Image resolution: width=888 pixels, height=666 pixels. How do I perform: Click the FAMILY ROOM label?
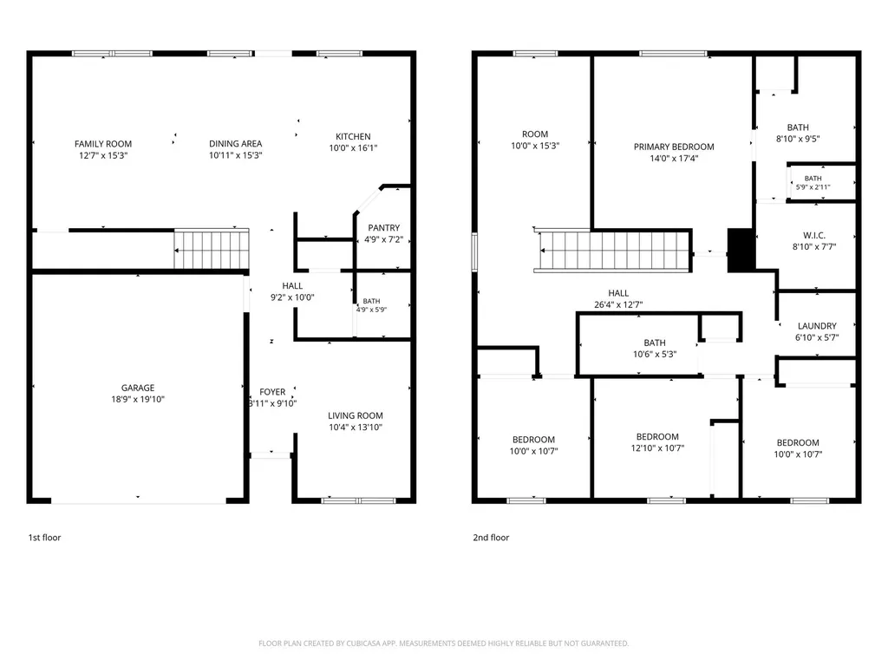pyautogui.click(x=103, y=144)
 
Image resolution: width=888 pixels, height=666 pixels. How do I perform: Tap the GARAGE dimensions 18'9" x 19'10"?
pyautogui.click(x=138, y=399)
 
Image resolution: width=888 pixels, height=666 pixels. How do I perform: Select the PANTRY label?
pyautogui.click(x=384, y=228)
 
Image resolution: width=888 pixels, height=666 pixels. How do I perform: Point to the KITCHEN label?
pyautogui.click(x=354, y=136)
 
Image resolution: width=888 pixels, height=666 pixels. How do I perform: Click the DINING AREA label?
pyautogui.click(x=236, y=144)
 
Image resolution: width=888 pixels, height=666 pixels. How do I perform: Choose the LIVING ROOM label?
pyautogui.click(x=356, y=415)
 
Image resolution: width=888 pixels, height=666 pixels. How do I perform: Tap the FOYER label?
pyautogui.click(x=272, y=392)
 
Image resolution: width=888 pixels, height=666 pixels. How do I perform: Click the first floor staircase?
pyautogui.click(x=212, y=249)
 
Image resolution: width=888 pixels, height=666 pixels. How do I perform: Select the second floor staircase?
pyautogui.click(x=614, y=251)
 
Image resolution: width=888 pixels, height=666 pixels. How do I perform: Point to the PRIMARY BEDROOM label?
pyautogui.click(x=674, y=147)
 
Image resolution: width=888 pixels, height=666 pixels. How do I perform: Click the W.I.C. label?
pyautogui.click(x=814, y=236)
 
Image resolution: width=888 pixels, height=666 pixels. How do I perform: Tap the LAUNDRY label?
pyautogui.click(x=817, y=326)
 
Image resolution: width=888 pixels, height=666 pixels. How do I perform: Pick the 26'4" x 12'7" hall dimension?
pyautogui.click(x=618, y=304)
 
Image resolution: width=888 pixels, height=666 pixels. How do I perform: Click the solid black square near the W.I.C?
pyautogui.click(x=741, y=251)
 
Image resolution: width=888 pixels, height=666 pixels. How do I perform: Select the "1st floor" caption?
pyautogui.click(x=45, y=538)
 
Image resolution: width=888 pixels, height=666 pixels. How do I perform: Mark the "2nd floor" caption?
pyautogui.click(x=491, y=538)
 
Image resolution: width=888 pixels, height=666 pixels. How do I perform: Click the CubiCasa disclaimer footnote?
pyautogui.click(x=443, y=643)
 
